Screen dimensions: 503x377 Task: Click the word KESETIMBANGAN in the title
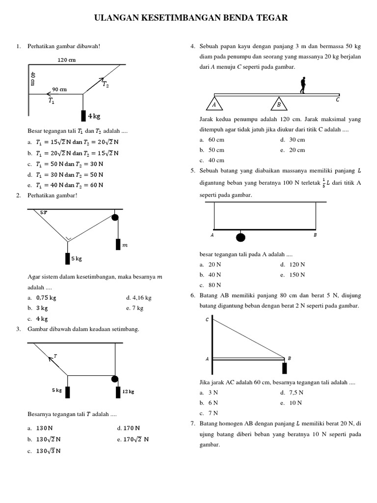[x=188, y=18]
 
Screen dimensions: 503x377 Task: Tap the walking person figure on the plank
[x=303, y=85]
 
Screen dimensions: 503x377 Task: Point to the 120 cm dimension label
[x=66, y=60]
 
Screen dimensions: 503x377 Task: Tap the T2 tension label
[x=106, y=84]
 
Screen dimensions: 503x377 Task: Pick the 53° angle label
[x=44, y=213]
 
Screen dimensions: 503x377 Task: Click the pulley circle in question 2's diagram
[x=115, y=218]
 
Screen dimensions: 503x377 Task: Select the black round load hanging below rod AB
[x=241, y=237]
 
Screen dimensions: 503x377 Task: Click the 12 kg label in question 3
[x=128, y=391]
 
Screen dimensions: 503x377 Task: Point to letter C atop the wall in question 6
[x=207, y=320]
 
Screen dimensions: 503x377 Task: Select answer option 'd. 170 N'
[x=129, y=428]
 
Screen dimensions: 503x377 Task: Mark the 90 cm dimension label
[x=59, y=89]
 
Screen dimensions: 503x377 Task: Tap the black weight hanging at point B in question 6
[x=284, y=368]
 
